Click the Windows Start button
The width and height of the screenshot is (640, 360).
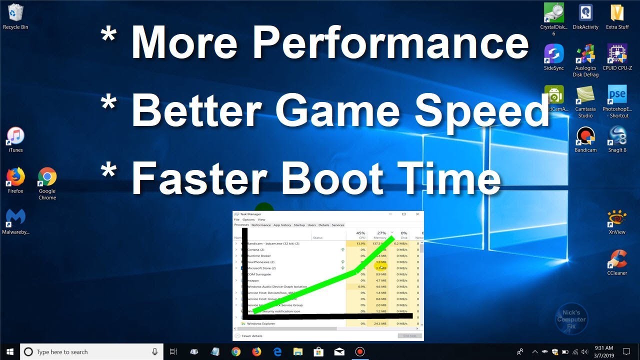tap(9, 351)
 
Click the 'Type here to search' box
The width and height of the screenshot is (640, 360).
tap(90, 352)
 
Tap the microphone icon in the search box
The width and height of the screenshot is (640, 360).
tap(155, 352)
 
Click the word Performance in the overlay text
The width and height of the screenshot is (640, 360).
tap(390, 43)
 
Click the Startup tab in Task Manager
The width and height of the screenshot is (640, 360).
tap(299, 225)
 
